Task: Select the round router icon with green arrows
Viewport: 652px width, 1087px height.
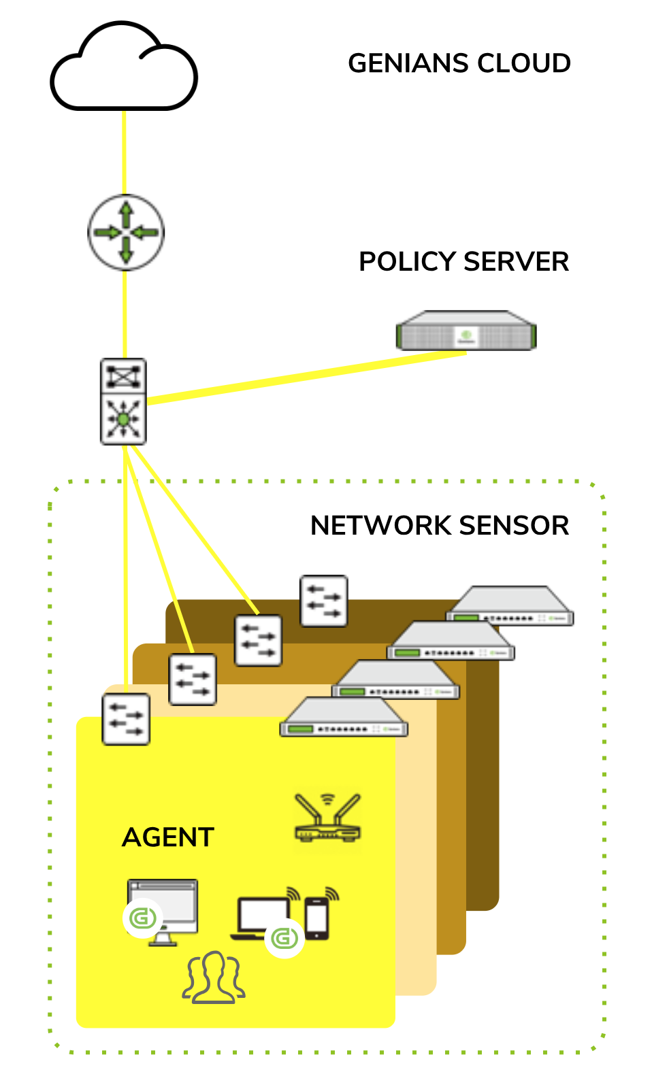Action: (126, 233)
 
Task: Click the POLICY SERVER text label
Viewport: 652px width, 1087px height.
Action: (463, 262)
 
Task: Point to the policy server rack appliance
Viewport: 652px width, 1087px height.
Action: (466, 331)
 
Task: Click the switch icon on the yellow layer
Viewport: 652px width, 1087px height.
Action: (126, 719)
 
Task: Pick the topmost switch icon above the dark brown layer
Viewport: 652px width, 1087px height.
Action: (324, 601)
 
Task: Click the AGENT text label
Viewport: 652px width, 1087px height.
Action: (168, 837)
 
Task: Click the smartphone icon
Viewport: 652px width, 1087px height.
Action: (317, 918)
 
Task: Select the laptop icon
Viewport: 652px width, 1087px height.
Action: (262, 916)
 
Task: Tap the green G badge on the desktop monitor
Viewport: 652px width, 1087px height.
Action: (142, 918)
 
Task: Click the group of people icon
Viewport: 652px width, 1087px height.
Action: (214, 979)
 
